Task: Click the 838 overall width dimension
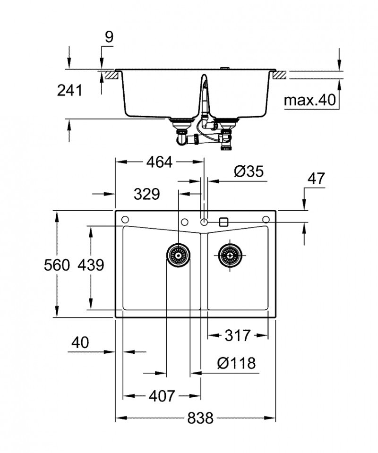pyautogui.click(x=200, y=418)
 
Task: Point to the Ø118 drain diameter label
pyautogui.click(x=236, y=363)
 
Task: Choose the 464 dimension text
pyautogui.click(x=159, y=162)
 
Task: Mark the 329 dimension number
pyautogui.click(x=146, y=194)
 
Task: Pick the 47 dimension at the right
pyautogui.click(x=316, y=179)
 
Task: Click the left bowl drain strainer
pyautogui.click(x=179, y=256)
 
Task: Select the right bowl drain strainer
pyautogui.click(x=231, y=256)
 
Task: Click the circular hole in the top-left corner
pyautogui.click(x=125, y=220)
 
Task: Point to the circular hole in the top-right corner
pyautogui.click(x=266, y=220)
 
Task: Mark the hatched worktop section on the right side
pyautogui.click(x=280, y=75)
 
